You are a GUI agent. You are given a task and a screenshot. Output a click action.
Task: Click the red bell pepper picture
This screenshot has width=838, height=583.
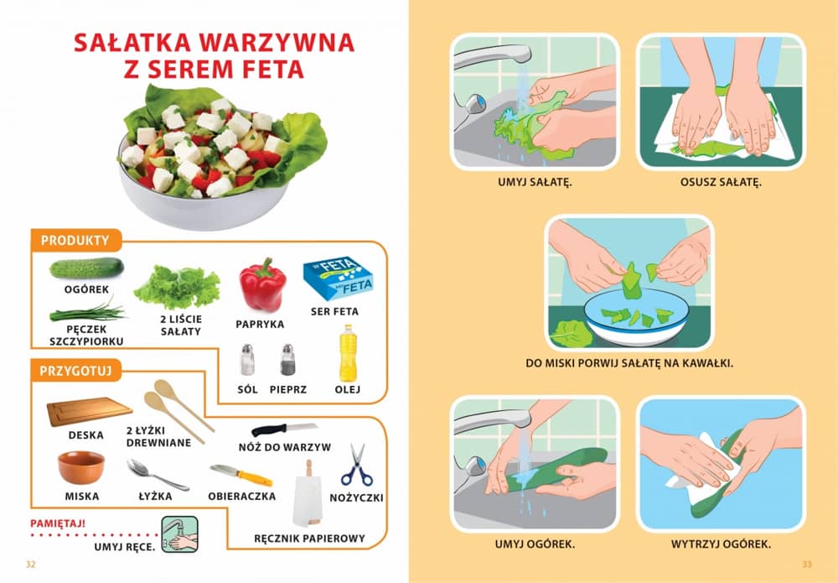click(262, 285)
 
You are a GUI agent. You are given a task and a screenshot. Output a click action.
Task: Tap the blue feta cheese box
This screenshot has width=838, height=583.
click(338, 278)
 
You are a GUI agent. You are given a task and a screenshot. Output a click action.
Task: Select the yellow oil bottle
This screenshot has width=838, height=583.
click(348, 353)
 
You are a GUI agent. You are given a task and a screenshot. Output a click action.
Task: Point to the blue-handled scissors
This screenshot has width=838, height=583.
click(356, 465)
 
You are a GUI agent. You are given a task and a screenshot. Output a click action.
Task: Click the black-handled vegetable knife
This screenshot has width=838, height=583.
click(284, 429)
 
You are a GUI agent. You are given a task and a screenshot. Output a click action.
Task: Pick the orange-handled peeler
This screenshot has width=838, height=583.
click(241, 475)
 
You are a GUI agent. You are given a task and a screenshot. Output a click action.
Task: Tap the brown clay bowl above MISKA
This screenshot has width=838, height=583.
click(81, 467)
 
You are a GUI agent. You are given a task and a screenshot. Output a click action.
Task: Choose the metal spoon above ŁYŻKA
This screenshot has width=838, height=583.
click(158, 475)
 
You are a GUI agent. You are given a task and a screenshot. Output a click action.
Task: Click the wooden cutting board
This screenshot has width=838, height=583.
click(90, 411)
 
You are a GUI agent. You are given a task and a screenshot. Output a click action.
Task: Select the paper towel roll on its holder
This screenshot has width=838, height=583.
click(308, 494)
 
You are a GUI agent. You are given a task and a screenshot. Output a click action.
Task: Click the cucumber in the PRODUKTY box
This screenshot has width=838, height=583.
click(86, 268)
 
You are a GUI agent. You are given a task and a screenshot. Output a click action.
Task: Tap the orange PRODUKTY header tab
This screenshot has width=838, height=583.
click(75, 241)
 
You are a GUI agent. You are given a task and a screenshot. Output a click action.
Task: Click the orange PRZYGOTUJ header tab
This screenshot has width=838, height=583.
click(76, 371)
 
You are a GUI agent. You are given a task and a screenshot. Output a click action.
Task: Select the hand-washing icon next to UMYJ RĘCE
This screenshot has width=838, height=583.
click(180, 534)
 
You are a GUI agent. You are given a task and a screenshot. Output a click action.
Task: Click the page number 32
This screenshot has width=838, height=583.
click(30, 565)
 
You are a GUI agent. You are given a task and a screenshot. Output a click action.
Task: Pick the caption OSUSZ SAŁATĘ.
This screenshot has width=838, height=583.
click(721, 182)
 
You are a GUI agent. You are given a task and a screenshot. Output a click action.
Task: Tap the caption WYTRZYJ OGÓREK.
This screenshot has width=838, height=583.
click(721, 544)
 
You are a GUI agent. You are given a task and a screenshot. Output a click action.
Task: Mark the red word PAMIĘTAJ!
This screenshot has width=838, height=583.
click(58, 523)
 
